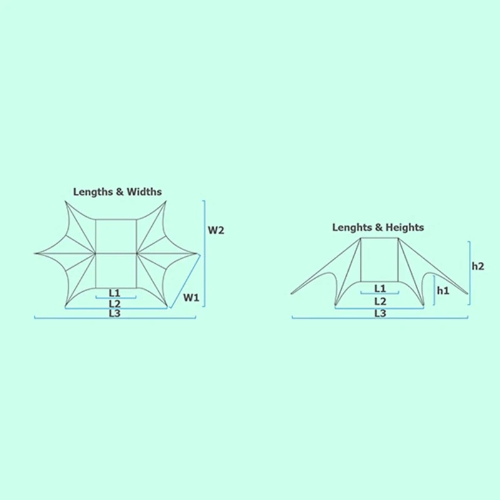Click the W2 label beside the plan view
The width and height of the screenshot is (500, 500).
216,230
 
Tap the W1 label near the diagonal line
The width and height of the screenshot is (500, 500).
191,297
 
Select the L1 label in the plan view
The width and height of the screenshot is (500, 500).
114,292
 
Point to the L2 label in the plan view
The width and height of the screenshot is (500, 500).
114,303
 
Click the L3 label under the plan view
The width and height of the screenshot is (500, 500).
114,313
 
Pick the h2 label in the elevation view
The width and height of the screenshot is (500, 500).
477,266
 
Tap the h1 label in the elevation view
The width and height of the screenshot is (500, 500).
443,291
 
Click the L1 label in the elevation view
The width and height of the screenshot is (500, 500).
380,289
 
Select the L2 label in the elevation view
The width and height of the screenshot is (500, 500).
380,301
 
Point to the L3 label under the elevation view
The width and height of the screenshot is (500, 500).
380,314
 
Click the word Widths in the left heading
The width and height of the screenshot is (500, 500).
144,192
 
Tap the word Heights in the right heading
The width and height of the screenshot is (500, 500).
404,227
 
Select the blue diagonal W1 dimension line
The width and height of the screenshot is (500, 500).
185,281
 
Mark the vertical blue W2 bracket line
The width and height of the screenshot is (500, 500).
204,254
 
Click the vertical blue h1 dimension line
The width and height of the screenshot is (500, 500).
434,291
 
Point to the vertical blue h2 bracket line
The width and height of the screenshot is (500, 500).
469,273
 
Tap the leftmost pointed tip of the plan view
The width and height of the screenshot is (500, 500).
34,254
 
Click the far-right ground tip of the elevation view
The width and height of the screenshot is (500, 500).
467,294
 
